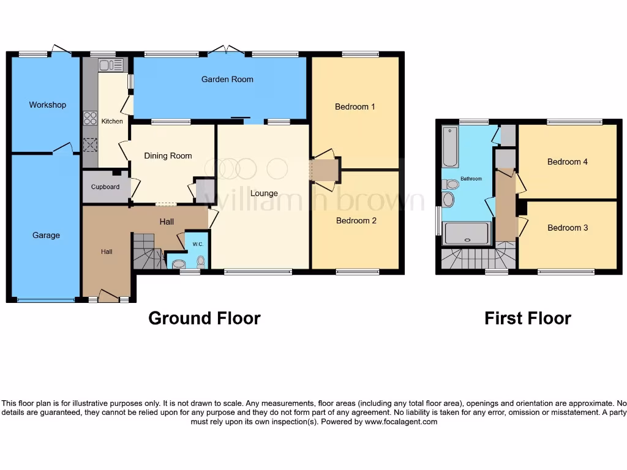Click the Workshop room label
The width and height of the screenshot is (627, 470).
47,105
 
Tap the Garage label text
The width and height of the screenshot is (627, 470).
46,235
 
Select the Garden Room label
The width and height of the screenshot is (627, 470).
227,80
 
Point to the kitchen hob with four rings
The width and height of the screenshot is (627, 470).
90,117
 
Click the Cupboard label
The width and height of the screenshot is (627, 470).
105,187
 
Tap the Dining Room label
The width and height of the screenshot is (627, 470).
168,156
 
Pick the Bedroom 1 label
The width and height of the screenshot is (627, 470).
355,107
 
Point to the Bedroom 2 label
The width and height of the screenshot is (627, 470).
356,221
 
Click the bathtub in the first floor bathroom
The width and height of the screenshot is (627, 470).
450,147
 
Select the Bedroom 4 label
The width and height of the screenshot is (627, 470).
568,162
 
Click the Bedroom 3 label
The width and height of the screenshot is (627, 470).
568,228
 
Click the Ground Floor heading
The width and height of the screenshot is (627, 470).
205,318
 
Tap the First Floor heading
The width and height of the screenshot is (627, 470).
527,318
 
